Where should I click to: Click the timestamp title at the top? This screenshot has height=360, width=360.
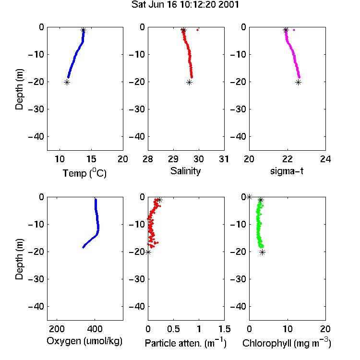(x=185, y=5)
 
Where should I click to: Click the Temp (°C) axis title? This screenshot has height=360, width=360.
(x=84, y=173)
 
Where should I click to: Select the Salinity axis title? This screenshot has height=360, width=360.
(x=185, y=171)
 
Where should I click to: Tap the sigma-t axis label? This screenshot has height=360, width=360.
(x=287, y=171)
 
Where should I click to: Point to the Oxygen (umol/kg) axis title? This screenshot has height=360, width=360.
(x=84, y=341)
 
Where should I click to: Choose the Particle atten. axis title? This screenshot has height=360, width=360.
(x=186, y=343)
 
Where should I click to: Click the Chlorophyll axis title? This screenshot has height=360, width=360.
(x=287, y=343)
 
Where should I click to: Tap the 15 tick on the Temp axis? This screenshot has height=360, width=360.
(x=91, y=159)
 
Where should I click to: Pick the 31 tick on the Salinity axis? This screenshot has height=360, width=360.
(x=224, y=159)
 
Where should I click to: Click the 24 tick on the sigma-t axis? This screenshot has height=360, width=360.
(x=325, y=159)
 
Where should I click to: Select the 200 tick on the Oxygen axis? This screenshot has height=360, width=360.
(x=57, y=329)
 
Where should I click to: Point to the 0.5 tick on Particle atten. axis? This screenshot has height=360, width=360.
(x=173, y=329)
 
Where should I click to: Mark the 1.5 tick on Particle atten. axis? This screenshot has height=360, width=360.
(x=224, y=329)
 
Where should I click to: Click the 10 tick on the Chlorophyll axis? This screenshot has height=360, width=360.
(x=288, y=329)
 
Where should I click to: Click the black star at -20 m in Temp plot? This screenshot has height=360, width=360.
(x=67, y=83)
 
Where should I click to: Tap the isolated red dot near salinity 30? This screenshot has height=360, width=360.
(x=197, y=30)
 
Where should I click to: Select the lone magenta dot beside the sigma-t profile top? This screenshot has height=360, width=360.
(x=294, y=30)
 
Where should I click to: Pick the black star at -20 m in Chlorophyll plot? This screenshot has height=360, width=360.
(x=262, y=252)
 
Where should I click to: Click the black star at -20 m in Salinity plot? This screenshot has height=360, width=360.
(x=189, y=83)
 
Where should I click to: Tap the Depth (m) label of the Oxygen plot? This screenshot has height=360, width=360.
(x=19, y=259)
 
